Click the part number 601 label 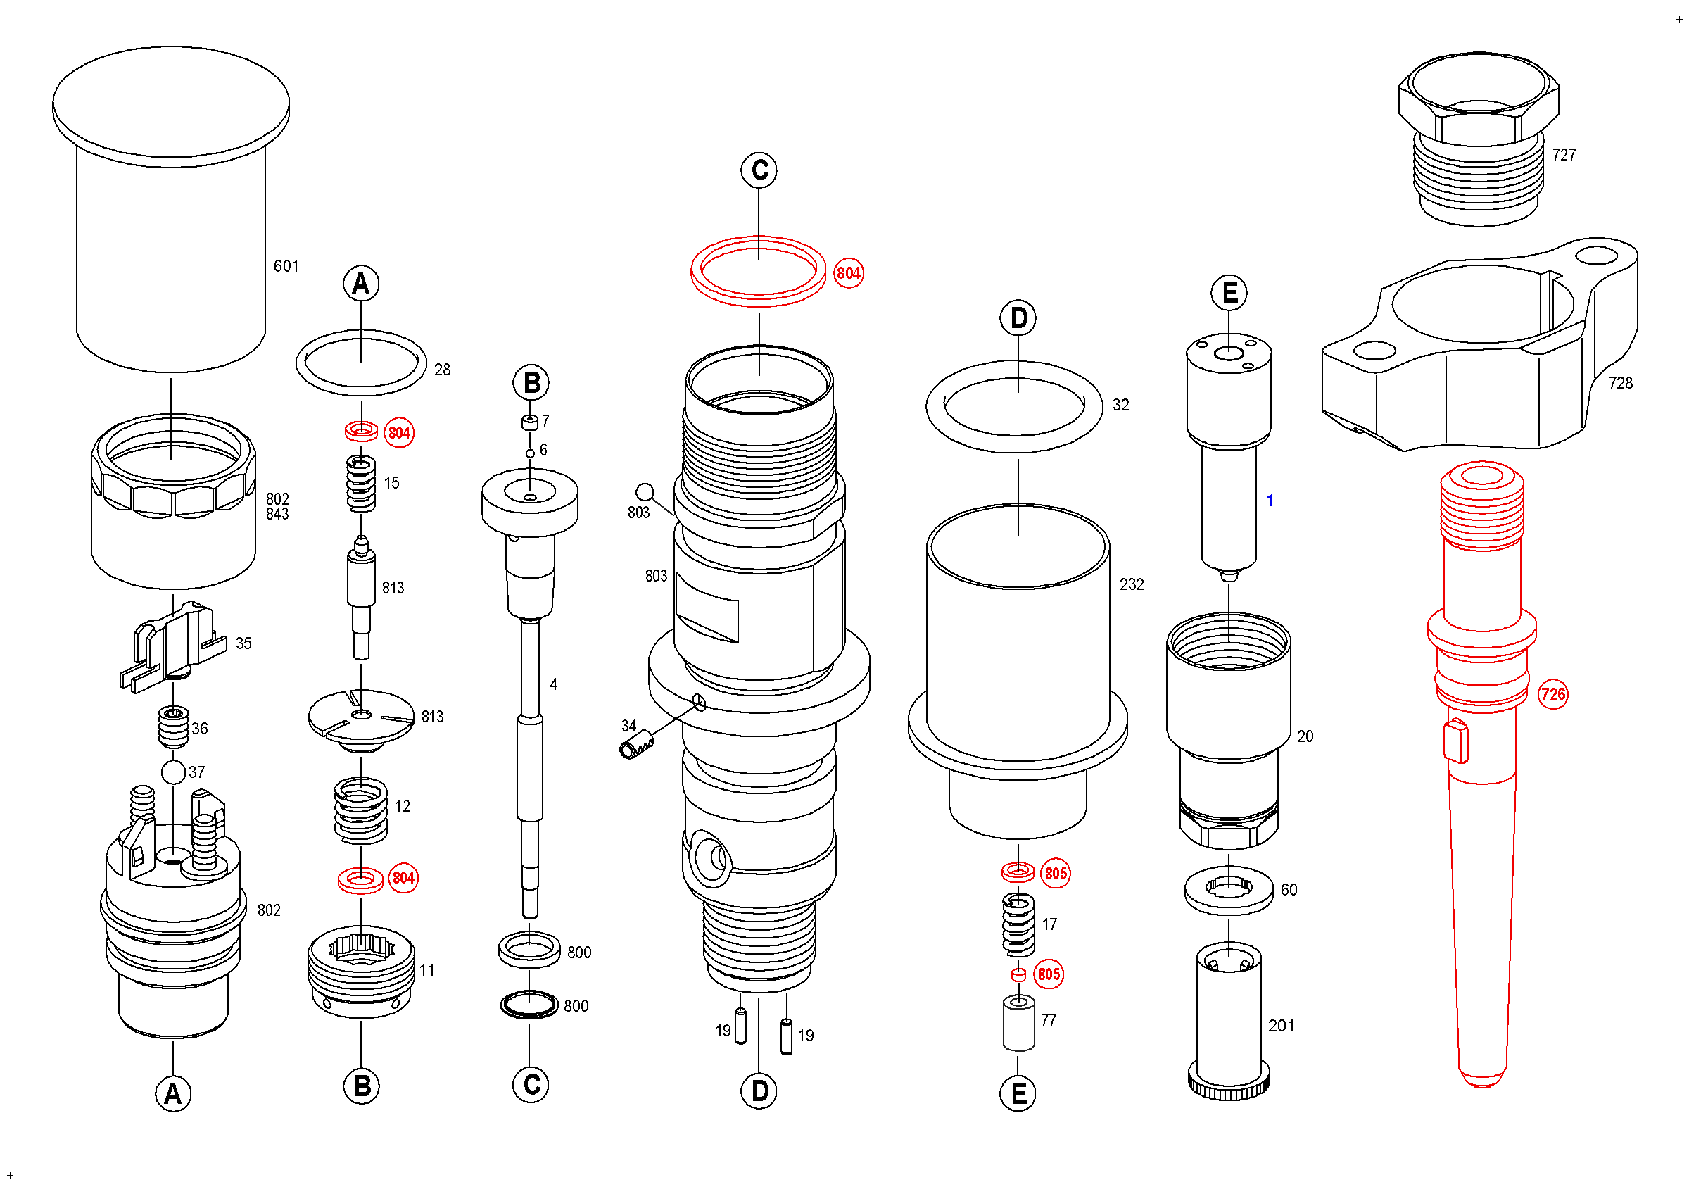click(x=286, y=266)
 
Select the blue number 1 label click(x=1270, y=501)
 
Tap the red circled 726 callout click(x=1553, y=694)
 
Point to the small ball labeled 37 click(x=174, y=772)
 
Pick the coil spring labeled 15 click(x=361, y=484)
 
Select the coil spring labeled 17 click(x=1019, y=925)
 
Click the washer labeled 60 click(x=1229, y=890)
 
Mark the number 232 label click(x=1132, y=585)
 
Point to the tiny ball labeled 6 click(x=530, y=454)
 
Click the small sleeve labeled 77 click(x=1019, y=1024)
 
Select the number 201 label click(x=1281, y=1026)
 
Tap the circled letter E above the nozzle click(x=1229, y=294)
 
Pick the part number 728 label click(x=1620, y=383)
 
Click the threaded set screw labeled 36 click(x=175, y=727)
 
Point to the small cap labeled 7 click(x=530, y=422)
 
